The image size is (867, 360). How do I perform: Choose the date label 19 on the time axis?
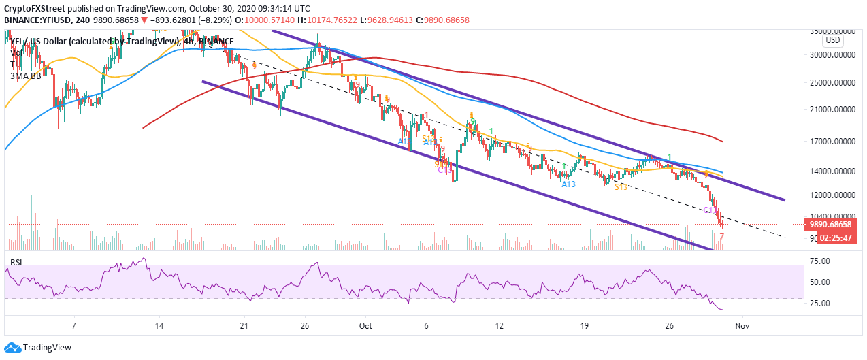pos(584,325)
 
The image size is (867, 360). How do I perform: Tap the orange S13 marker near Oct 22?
pos(621,186)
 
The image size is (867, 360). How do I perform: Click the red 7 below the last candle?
pos(721,237)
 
